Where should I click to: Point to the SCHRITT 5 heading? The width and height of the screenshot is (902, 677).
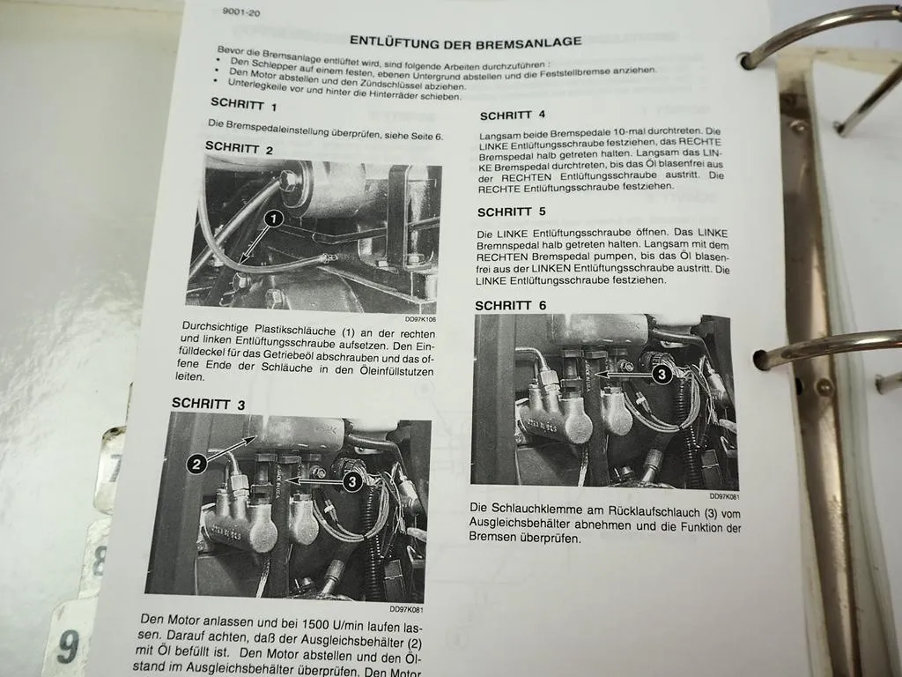(x=511, y=212)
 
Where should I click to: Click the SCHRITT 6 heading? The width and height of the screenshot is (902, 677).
(x=510, y=305)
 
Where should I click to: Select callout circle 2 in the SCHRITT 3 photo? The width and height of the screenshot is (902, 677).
(x=198, y=461)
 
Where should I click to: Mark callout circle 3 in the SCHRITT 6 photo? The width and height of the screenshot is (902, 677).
(x=663, y=374)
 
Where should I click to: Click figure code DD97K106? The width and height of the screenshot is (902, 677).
(x=420, y=319)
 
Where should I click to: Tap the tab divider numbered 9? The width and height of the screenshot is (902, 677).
(x=68, y=646)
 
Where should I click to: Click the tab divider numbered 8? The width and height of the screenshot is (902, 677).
(x=99, y=560)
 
